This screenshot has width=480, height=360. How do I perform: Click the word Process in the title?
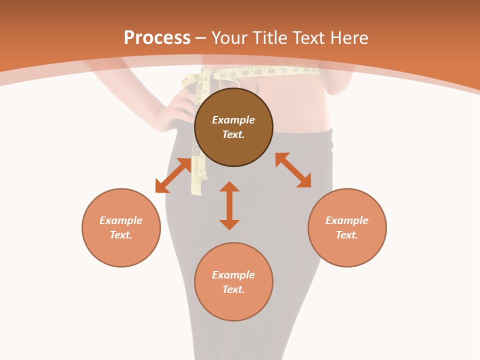157,38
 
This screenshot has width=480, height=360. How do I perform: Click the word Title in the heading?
268,38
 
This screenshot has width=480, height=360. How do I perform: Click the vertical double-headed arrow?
229,205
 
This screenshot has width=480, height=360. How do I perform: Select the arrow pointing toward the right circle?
293,170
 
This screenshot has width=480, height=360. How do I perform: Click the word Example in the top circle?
233,120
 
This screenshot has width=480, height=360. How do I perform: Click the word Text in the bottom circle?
233,289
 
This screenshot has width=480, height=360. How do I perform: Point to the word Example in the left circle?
121,220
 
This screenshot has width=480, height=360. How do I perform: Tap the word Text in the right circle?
346,235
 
